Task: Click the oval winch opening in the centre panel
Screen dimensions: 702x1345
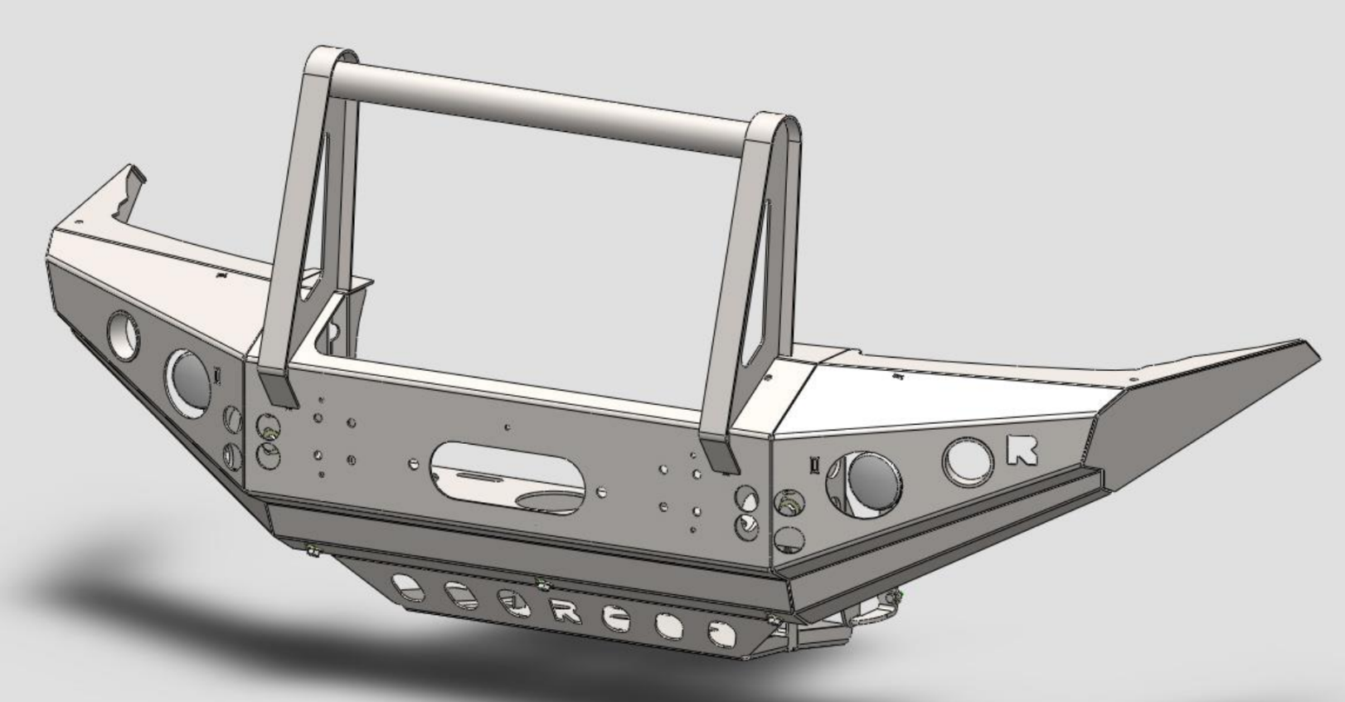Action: coord(507,470)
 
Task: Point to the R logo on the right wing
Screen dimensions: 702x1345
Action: coord(1022,450)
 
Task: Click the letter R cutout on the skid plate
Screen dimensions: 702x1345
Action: coord(566,612)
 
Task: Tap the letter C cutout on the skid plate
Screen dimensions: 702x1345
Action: coord(615,618)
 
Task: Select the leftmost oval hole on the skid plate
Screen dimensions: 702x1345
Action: coord(408,587)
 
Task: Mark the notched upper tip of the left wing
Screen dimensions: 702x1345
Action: coord(133,174)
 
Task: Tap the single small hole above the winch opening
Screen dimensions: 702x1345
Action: coord(507,428)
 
